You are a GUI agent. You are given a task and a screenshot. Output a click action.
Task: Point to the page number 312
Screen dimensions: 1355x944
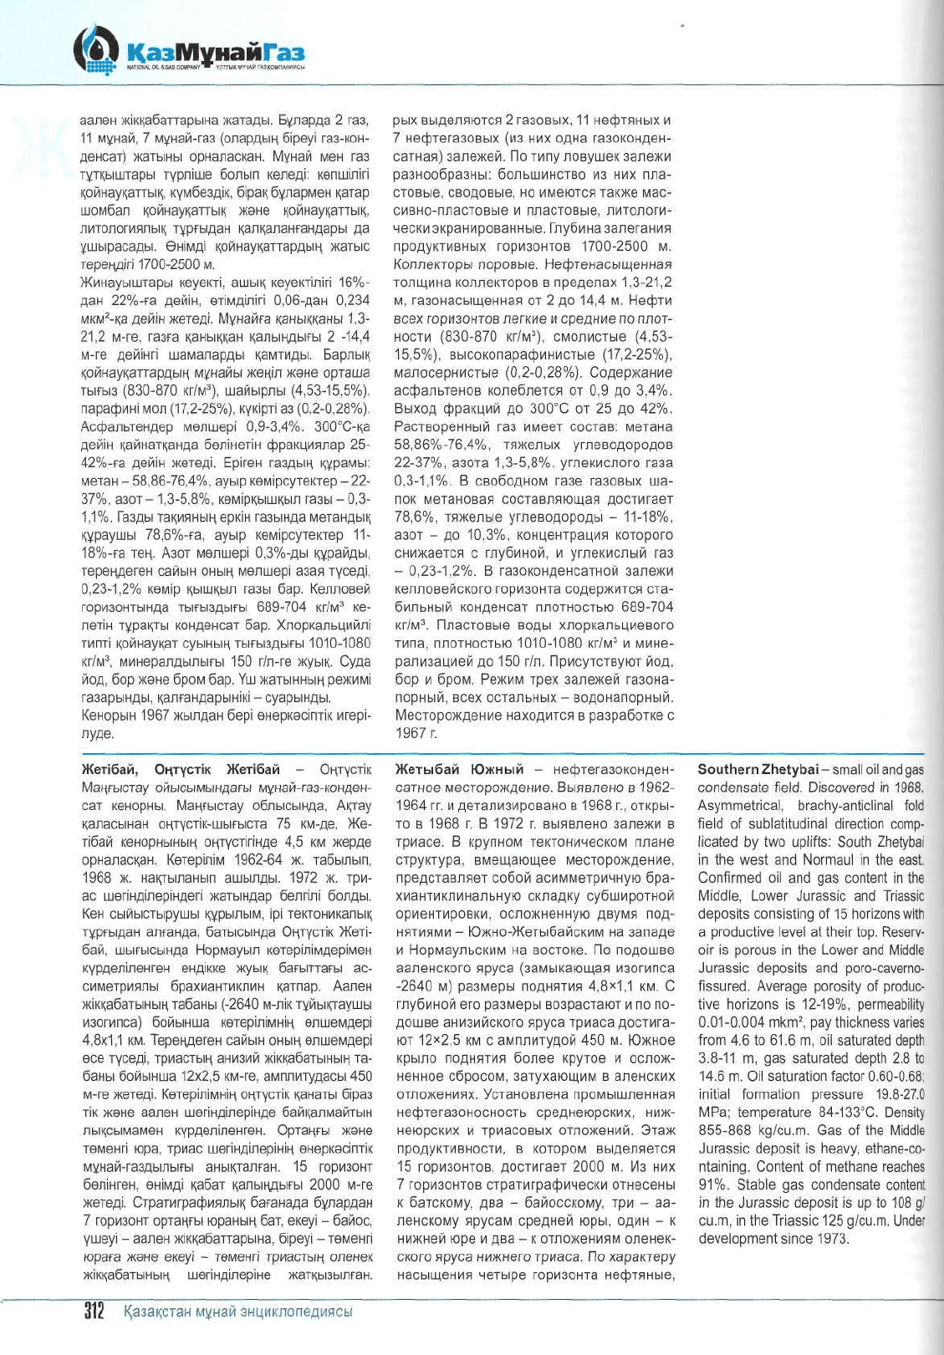click(91, 1311)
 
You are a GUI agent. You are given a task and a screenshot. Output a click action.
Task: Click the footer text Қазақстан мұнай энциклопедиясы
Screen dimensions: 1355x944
click(237, 1312)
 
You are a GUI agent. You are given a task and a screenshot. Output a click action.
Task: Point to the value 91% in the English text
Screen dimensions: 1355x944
click(712, 1184)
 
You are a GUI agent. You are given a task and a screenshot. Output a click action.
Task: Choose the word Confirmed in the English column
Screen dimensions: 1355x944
click(731, 878)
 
